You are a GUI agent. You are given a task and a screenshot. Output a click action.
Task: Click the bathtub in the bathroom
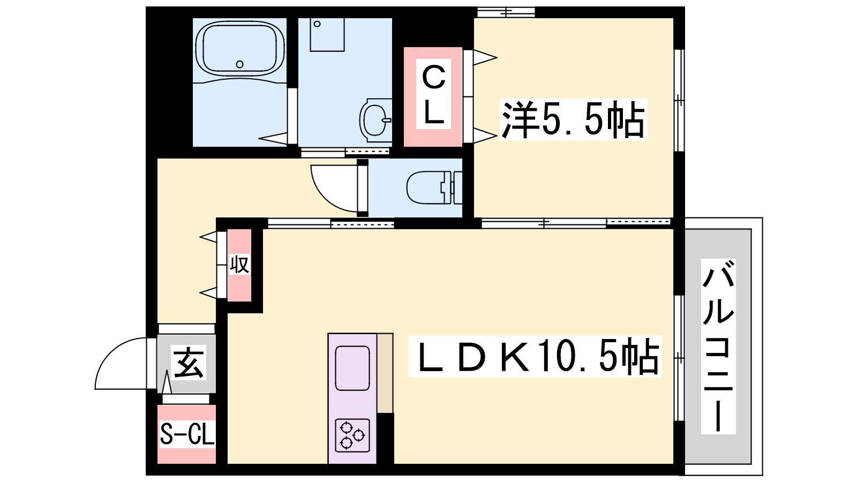(x=240, y=48)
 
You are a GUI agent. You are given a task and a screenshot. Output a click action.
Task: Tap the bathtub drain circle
(x=240, y=64)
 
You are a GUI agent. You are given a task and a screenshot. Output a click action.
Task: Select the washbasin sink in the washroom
(x=375, y=120)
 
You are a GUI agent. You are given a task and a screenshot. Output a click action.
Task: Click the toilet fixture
(x=434, y=188)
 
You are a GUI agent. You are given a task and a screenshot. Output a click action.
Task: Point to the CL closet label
(x=433, y=94)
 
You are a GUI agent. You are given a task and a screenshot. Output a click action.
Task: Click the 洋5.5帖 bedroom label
(x=573, y=119)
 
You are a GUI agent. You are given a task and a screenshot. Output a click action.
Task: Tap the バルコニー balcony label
(x=718, y=346)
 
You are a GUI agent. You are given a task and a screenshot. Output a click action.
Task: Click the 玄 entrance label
(x=188, y=363)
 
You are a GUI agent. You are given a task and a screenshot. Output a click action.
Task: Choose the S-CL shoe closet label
(x=187, y=434)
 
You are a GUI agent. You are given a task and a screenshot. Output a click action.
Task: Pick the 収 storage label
(x=239, y=265)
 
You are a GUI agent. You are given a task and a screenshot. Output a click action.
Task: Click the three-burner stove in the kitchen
(x=352, y=435)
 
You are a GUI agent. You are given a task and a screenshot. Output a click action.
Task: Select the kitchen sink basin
(x=352, y=368)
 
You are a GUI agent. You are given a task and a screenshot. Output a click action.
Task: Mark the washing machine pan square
(x=327, y=34)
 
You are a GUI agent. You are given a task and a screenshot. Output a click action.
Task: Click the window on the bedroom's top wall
(x=506, y=12)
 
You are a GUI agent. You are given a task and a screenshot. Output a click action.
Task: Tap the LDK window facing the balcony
(x=679, y=358)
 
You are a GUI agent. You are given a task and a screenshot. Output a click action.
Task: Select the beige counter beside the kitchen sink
(x=385, y=373)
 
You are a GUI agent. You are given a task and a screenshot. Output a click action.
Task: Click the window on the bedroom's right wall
(x=679, y=100)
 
